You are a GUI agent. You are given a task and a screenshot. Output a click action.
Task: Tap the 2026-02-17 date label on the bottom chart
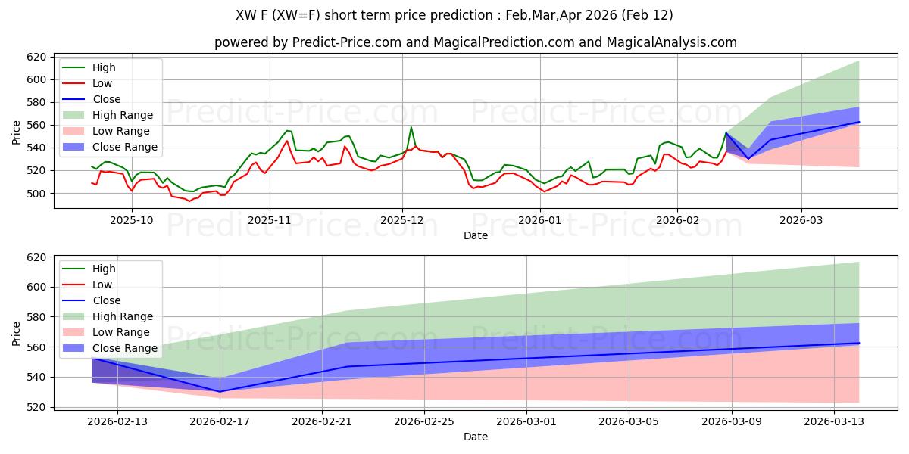coord(220,421)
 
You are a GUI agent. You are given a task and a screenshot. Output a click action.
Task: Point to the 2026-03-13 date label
coord(833,421)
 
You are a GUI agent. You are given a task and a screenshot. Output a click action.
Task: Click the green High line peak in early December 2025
coord(411,127)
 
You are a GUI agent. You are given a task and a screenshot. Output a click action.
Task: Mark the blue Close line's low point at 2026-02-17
coord(220,392)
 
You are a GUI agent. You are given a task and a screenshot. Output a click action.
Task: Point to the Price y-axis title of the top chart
coord(17,131)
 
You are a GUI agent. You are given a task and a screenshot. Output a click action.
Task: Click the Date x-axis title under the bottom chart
coord(475,437)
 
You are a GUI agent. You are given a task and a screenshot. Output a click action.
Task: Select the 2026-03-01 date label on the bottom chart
coord(526,421)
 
